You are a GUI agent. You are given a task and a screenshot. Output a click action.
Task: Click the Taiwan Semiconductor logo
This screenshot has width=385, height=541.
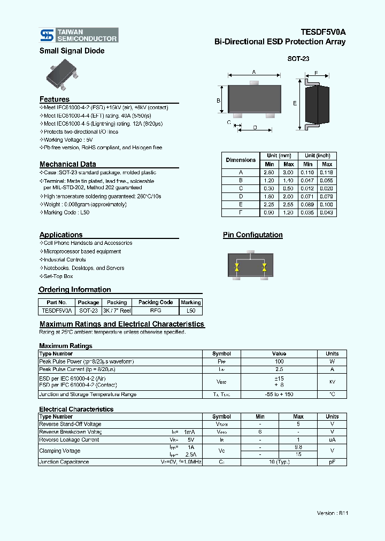79,35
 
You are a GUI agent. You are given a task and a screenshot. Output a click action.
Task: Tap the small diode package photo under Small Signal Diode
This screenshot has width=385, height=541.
63,75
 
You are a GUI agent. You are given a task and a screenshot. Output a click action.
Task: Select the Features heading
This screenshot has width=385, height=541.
55,99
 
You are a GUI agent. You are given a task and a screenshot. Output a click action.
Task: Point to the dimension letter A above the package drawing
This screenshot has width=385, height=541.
254,72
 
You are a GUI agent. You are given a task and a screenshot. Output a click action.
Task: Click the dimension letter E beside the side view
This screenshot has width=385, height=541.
295,103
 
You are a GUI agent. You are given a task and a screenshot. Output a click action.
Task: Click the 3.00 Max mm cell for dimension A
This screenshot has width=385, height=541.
288,173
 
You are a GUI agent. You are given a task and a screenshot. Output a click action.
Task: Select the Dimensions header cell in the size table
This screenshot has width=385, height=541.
241,160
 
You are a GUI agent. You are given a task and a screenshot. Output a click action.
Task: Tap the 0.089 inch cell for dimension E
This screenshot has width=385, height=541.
308,205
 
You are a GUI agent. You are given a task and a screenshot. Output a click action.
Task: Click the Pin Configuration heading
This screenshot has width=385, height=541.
252,235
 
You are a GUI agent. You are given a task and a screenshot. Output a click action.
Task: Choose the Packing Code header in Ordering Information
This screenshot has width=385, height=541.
156,303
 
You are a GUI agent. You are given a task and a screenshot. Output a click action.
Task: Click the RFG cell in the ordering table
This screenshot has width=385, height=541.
156,311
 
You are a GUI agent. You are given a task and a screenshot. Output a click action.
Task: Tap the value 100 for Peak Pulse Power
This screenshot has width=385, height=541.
279,362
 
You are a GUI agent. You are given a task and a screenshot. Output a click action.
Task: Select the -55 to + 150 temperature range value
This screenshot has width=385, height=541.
279,395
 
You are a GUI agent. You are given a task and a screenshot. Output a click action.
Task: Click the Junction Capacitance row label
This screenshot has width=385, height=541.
64,462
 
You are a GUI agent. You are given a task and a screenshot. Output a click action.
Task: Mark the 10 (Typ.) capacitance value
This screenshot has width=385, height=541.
279,462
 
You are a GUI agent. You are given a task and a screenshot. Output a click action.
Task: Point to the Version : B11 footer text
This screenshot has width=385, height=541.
332,513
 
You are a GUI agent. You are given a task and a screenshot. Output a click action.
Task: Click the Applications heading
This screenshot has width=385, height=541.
61,235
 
